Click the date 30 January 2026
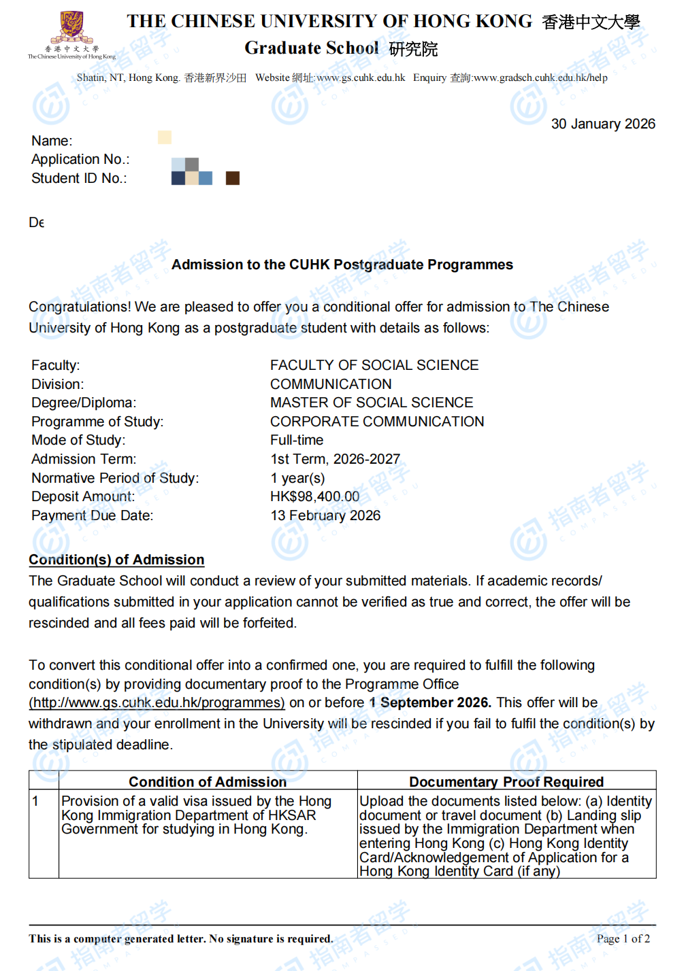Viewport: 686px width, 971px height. pyautogui.click(x=603, y=124)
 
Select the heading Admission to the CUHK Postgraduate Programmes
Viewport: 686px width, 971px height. pyautogui.click(x=342, y=265)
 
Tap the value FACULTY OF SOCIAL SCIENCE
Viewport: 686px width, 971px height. pyautogui.click(x=374, y=365)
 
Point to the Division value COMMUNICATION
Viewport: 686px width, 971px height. pyautogui.click(x=331, y=384)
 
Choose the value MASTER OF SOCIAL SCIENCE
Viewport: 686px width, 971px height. pyautogui.click(x=372, y=403)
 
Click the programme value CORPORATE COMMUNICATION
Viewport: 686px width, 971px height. pyautogui.click(x=377, y=422)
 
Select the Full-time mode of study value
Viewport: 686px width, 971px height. pyautogui.click(x=297, y=440)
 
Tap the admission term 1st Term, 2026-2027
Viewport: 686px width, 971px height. pyautogui.click(x=336, y=459)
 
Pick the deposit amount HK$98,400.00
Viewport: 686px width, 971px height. pyautogui.click(x=314, y=496)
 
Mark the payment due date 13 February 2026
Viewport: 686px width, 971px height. pyautogui.click(x=325, y=515)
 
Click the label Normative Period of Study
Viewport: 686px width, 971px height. pyautogui.click(x=115, y=478)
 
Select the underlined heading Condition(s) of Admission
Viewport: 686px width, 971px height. pyautogui.click(x=116, y=560)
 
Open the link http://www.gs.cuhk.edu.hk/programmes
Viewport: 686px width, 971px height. pyautogui.click(x=157, y=702)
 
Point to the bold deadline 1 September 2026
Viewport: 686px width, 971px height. pyautogui.click(x=430, y=702)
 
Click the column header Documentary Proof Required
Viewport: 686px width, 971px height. pyautogui.click(x=506, y=782)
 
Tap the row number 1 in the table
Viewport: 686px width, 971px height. pyautogui.click(x=35, y=801)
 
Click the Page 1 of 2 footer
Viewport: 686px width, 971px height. pyautogui.click(x=623, y=938)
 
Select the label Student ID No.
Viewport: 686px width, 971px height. pyautogui.click(x=79, y=178)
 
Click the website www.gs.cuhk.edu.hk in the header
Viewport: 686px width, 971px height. pyautogui.click(x=361, y=78)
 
